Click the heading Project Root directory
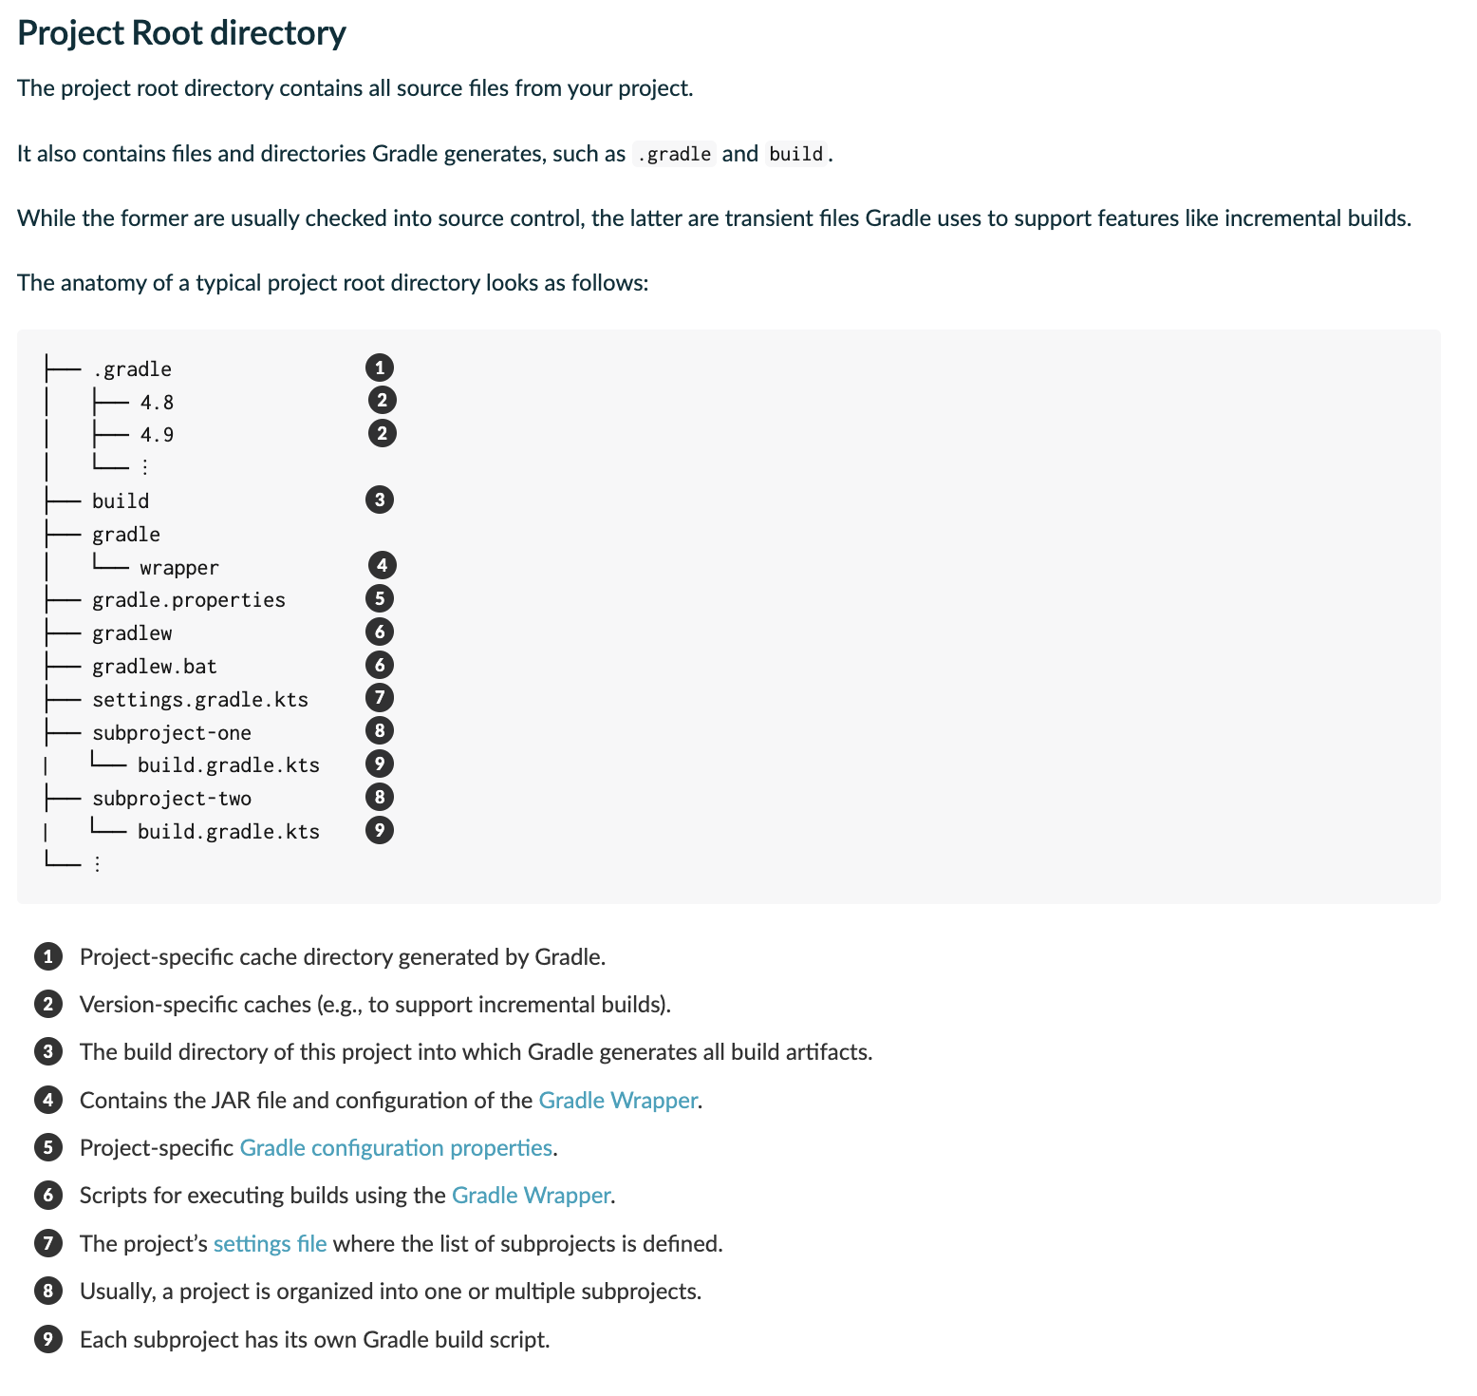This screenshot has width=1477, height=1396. pyautogui.click(x=181, y=33)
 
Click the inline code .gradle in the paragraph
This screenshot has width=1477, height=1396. pyautogui.click(x=674, y=154)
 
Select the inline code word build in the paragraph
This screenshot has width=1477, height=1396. pyautogui.click(x=795, y=154)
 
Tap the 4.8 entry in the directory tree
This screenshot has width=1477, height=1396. pyautogui.click(x=157, y=403)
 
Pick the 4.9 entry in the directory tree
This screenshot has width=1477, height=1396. pyautogui.click(x=157, y=435)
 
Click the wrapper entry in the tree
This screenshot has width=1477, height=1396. pyautogui.click(x=179, y=568)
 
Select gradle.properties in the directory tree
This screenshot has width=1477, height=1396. pyautogui.click(x=188, y=600)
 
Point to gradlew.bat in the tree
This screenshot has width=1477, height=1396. pyautogui.click(x=155, y=667)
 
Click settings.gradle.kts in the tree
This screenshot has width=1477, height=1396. pyautogui.click(x=200, y=700)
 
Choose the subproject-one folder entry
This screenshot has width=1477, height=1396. pyautogui.click(x=172, y=733)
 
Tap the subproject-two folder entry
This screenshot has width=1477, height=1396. pyautogui.click(x=172, y=799)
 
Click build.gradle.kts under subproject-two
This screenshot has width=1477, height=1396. pyautogui.click(x=229, y=832)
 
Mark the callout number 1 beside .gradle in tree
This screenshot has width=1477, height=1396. pyautogui.click(x=380, y=368)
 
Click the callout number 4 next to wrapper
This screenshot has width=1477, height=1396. pyautogui.click(x=382, y=566)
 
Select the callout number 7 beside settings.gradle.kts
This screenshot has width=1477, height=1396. pyautogui.click(x=380, y=698)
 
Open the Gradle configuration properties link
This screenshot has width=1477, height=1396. pyautogui.click(x=396, y=1148)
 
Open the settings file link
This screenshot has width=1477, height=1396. pyautogui.click(x=271, y=1244)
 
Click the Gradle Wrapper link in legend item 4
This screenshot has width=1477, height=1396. pyautogui.click(x=618, y=1101)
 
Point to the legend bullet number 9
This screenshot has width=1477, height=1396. pyautogui.click(x=48, y=1340)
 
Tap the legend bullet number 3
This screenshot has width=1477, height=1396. pyautogui.click(x=48, y=1052)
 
